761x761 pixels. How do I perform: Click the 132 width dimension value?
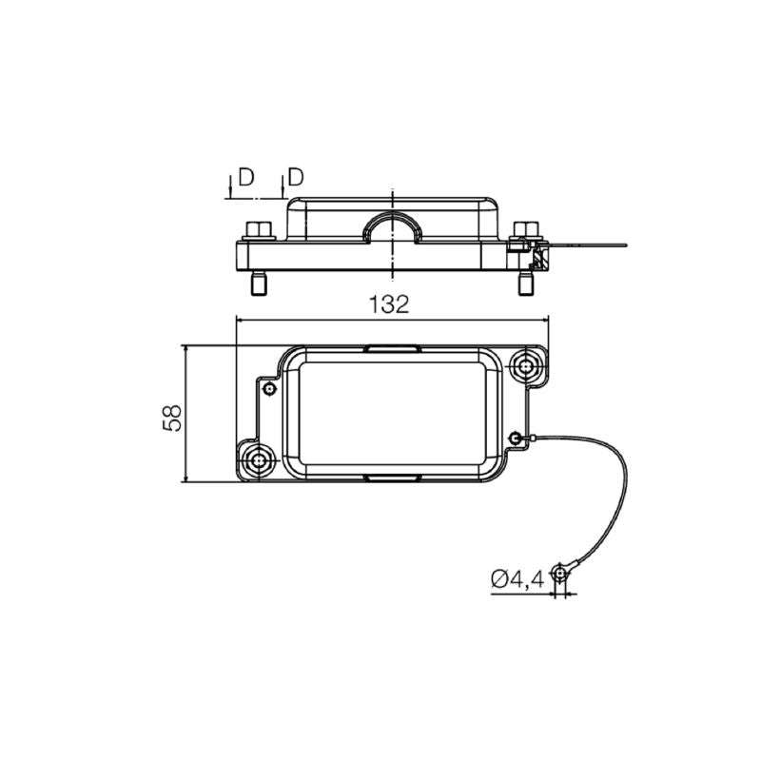[x=389, y=304]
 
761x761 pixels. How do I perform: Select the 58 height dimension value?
[x=172, y=418]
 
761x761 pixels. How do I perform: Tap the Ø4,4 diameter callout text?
[x=517, y=579]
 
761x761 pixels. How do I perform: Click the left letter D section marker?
[x=246, y=178]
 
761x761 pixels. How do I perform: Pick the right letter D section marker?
[x=296, y=178]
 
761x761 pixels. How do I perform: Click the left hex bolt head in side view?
[x=259, y=229]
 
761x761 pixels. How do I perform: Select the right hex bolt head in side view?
[x=525, y=229]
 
